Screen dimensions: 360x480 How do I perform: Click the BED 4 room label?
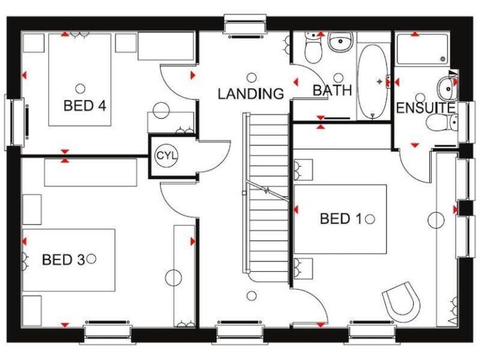point(84,104)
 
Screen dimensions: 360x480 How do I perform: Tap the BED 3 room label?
point(62,259)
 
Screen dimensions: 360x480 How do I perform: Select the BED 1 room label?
point(341,219)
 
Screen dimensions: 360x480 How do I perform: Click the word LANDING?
point(251,94)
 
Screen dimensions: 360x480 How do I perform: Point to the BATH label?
point(332,90)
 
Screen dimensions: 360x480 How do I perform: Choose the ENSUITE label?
point(425,107)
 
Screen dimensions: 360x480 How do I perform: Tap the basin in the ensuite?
point(447,85)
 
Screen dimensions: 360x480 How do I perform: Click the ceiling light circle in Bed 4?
point(79,88)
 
